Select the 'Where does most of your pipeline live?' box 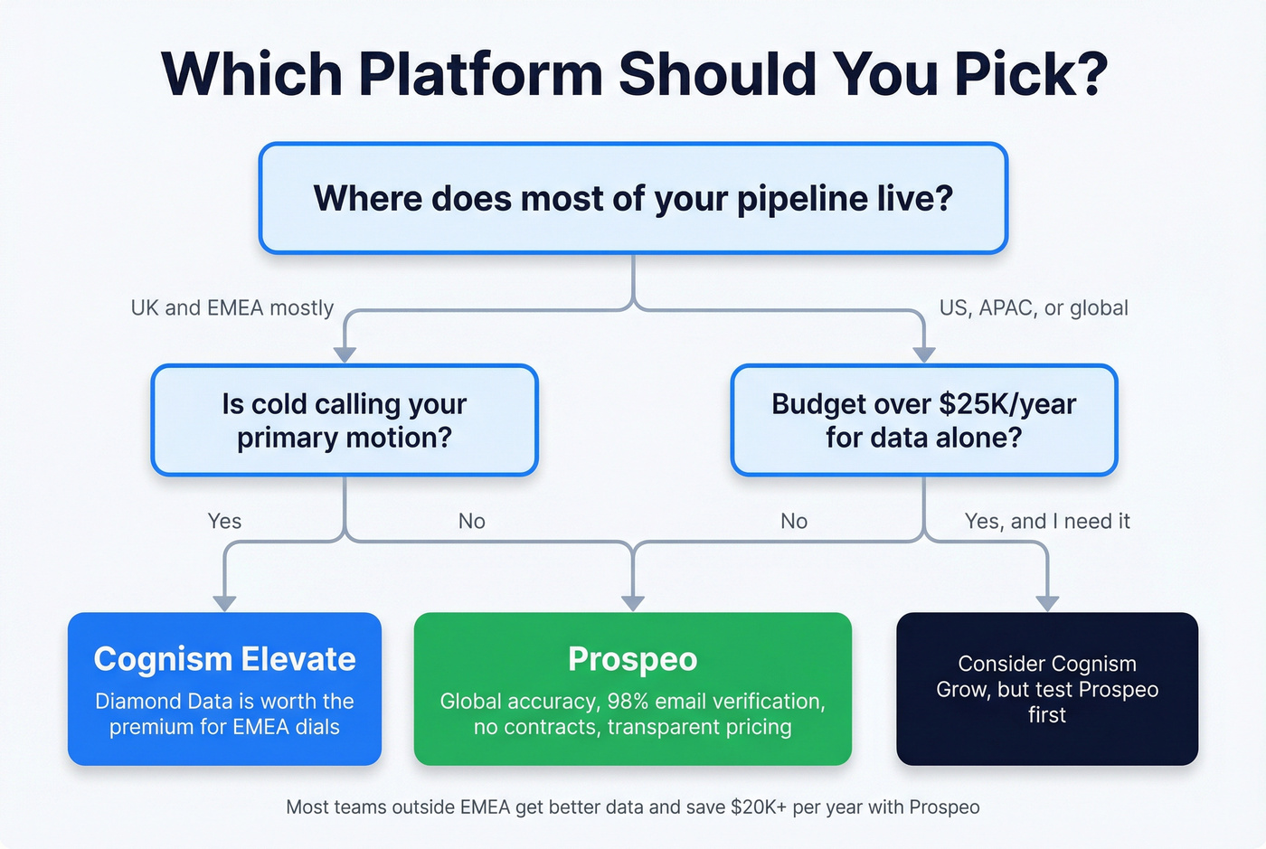[633, 198]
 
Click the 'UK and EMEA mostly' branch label [232, 307]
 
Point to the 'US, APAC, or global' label [1034, 307]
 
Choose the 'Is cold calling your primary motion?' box [345, 420]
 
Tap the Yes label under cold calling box [224, 521]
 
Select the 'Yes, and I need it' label [1047, 521]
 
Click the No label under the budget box [794, 521]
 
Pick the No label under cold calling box [471, 521]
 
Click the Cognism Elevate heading [224, 659]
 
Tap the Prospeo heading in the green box [633, 659]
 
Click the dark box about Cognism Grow [1047, 689]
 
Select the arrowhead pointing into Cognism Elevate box [224, 603]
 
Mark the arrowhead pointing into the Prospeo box [633, 603]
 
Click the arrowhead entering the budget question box [924, 354]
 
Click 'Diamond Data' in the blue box [151, 701]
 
